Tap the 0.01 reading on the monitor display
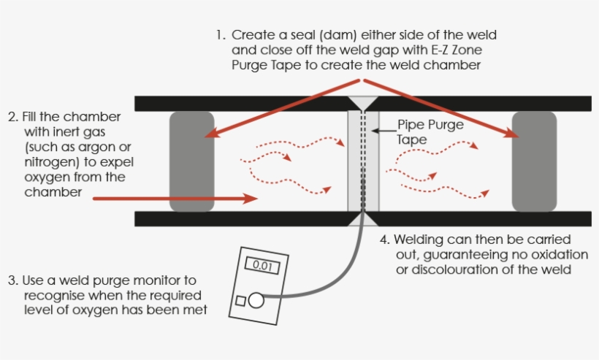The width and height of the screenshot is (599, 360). click(262, 267)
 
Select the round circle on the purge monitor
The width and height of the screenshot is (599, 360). click(255, 299)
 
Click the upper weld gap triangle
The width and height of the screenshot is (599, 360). click(362, 103)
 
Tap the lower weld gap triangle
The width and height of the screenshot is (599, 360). click(362, 218)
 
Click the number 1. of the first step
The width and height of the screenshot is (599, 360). click(220, 35)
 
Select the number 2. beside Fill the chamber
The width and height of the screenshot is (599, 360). click(12, 117)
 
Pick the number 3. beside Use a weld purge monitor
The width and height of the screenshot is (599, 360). click(12, 280)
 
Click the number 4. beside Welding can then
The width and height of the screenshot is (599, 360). click(385, 240)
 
